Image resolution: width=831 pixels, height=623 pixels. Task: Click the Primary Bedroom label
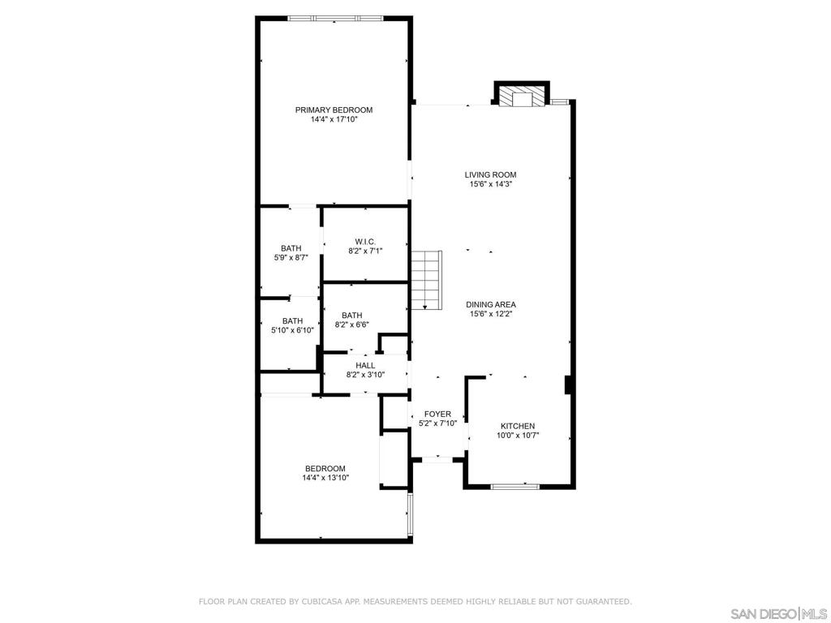click(334, 110)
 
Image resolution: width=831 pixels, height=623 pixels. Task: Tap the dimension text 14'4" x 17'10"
click(334, 120)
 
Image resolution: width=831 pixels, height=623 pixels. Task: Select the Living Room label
click(490, 175)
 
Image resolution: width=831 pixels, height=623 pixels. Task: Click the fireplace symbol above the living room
click(520, 97)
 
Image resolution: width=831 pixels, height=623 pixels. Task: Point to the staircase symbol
click(425, 280)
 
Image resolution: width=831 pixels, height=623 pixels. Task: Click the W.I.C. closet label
click(364, 242)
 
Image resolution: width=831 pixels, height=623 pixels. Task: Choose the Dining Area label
click(490, 305)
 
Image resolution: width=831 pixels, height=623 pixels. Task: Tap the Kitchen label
click(517, 427)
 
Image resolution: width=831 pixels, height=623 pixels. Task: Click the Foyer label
click(437, 415)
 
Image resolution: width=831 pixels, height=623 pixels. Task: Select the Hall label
click(365, 366)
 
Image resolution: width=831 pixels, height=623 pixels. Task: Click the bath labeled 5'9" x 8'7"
click(291, 253)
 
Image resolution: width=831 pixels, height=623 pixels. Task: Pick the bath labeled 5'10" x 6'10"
click(292, 325)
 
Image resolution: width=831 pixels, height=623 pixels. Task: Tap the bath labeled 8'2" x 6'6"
click(351, 320)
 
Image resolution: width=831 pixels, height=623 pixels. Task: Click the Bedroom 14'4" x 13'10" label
click(325, 473)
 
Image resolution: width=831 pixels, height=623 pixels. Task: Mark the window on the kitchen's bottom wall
click(515, 486)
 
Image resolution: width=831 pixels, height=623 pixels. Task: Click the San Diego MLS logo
click(778, 612)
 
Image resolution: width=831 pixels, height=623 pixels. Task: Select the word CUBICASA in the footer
click(322, 602)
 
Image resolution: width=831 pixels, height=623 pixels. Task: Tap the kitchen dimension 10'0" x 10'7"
click(517, 436)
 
